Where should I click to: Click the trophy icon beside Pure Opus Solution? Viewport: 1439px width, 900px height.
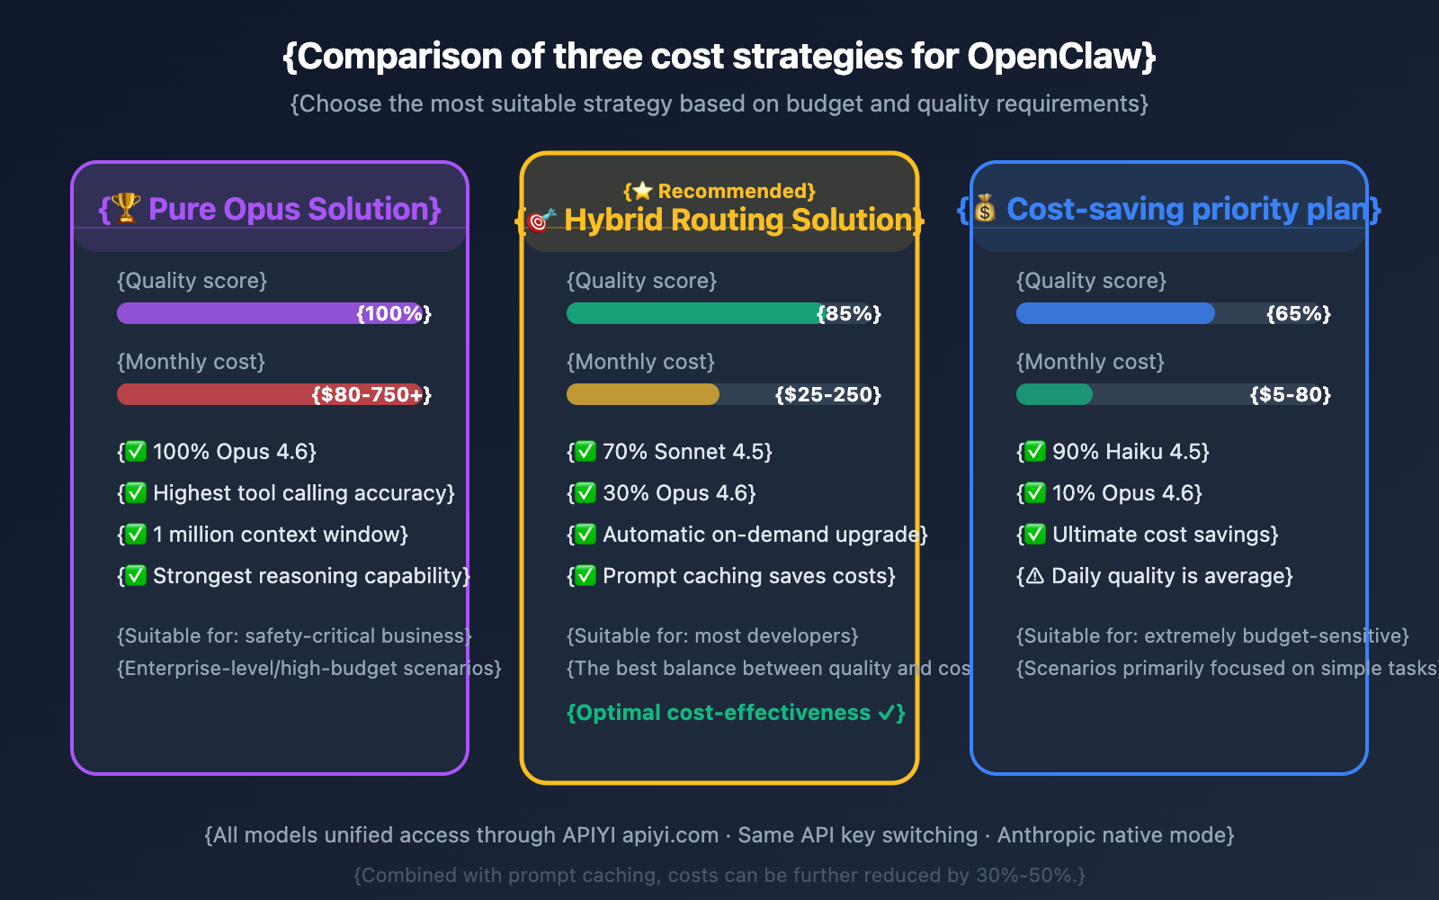[x=126, y=208]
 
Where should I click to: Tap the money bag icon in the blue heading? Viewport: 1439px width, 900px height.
[x=986, y=209]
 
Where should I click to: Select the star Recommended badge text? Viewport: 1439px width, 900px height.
[x=719, y=191]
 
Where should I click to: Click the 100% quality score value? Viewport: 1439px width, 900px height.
[x=394, y=313]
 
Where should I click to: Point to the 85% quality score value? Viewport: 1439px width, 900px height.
[x=848, y=313]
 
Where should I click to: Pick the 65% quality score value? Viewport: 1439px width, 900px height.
[x=1298, y=313]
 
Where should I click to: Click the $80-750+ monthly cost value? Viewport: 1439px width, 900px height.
[x=371, y=394]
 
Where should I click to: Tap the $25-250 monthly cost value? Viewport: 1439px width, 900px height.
[x=827, y=394]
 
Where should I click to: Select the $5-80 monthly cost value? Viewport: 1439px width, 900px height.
[x=1290, y=394]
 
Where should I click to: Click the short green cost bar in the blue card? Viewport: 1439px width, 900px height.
[x=1054, y=394]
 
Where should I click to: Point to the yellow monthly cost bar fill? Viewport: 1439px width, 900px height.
[x=642, y=394]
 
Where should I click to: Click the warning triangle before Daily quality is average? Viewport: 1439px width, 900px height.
[x=1035, y=576]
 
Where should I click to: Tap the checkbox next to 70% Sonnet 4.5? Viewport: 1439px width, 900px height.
[x=585, y=452]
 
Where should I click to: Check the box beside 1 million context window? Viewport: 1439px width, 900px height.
[x=136, y=535]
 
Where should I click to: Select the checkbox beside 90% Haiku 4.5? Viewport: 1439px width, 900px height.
[x=1035, y=452]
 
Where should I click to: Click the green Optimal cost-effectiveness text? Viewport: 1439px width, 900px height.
[x=735, y=713]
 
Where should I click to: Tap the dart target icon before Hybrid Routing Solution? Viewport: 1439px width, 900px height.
[x=540, y=220]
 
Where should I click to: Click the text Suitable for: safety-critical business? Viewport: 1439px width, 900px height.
[x=294, y=635]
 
